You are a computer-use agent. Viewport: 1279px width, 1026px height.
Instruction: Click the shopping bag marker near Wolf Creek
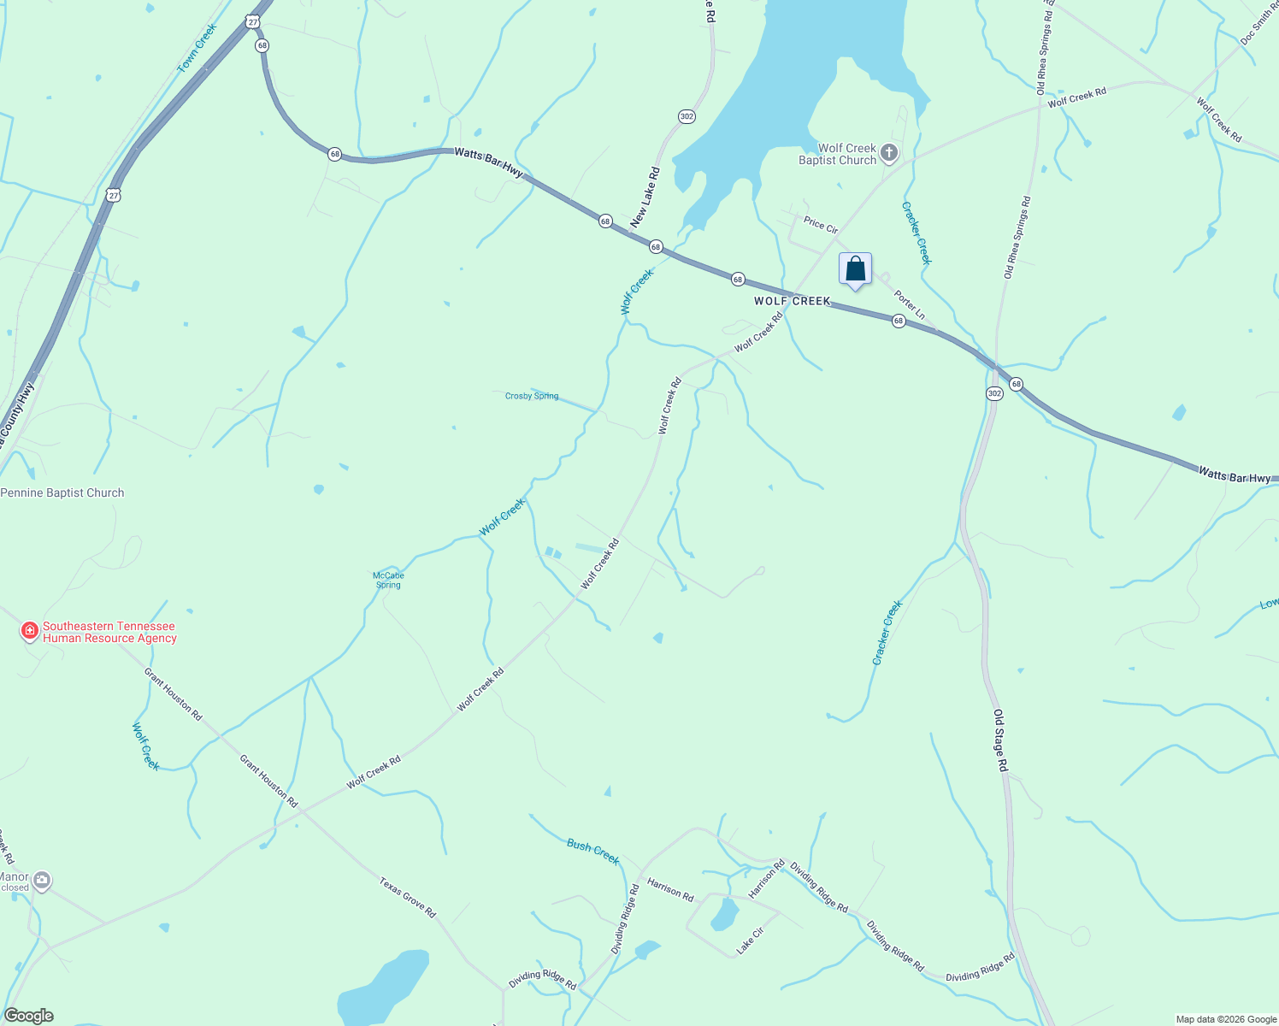tap(855, 270)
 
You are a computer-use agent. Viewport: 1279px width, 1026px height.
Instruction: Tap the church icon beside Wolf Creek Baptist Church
tap(889, 154)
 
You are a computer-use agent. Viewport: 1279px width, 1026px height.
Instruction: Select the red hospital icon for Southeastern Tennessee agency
tap(30, 631)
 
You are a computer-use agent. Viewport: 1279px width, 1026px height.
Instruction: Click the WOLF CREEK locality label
tap(792, 301)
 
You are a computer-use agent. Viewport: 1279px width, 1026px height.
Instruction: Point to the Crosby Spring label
tap(531, 396)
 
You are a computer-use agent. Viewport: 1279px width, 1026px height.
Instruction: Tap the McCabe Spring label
tap(388, 580)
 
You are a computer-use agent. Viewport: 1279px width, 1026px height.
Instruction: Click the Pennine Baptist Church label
tap(62, 492)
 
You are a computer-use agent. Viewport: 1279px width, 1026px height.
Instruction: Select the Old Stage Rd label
tap(1001, 741)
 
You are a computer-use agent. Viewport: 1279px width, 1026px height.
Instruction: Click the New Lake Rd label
tap(645, 198)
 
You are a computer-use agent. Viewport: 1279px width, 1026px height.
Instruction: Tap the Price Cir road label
tap(821, 225)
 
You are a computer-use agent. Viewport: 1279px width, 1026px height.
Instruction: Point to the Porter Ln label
tap(909, 305)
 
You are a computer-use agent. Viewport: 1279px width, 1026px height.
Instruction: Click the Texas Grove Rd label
tap(408, 897)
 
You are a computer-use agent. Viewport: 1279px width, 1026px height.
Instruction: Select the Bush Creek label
tap(592, 852)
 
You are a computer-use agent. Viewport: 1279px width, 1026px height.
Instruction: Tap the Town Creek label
tap(197, 48)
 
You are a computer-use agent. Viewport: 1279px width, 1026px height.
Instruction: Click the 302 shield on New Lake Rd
tap(687, 116)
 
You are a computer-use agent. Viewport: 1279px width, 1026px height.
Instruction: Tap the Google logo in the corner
tap(28, 1016)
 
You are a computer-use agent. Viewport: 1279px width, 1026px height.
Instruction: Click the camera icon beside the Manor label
tap(41, 881)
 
